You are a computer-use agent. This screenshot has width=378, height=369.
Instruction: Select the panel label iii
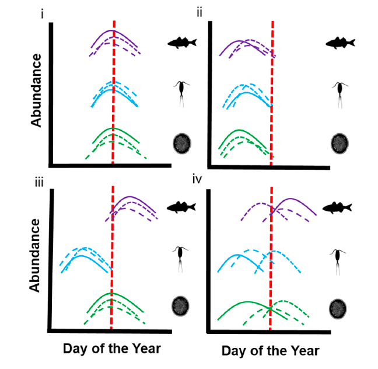click(40, 183)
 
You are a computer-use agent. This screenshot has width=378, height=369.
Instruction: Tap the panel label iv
click(197, 179)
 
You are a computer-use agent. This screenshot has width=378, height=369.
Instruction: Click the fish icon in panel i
click(183, 41)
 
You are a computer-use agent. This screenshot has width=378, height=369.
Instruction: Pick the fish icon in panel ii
click(341, 42)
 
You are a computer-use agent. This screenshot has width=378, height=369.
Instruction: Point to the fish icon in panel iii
click(182, 207)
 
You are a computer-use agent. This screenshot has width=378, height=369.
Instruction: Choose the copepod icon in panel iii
click(181, 258)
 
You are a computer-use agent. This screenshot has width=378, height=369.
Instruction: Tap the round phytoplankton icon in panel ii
click(339, 143)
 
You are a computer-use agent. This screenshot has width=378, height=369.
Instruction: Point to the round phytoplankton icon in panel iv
click(338, 308)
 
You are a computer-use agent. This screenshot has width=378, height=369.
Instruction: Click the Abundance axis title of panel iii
click(36, 255)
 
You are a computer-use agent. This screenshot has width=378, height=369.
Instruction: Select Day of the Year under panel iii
click(111, 349)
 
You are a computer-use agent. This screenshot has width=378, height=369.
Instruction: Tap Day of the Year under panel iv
click(270, 351)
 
